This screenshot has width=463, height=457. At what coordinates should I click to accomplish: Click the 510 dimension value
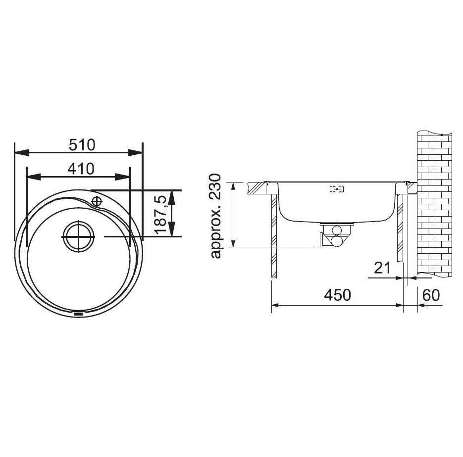pyautogui.click(x=82, y=145)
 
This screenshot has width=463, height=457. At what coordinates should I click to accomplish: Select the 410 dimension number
pyautogui.click(x=81, y=169)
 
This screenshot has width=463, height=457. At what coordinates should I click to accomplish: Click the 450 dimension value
pyautogui.click(x=338, y=295)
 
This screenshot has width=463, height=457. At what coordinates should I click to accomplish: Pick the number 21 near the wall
pyautogui.click(x=382, y=268)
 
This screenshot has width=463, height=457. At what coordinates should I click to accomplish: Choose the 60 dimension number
pyautogui.click(x=431, y=295)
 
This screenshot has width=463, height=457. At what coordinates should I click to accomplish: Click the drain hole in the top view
pyautogui.click(x=79, y=236)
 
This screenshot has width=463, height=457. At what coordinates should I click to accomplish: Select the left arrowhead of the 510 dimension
pyautogui.click(x=22, y=153)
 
